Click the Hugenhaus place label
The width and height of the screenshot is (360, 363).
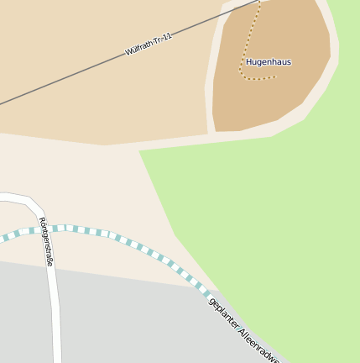coord(268,62)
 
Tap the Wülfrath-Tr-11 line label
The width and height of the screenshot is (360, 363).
coord(149,45)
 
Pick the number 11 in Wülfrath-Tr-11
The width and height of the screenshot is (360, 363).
coord(167,36)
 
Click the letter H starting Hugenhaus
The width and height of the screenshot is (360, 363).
coord(248,62)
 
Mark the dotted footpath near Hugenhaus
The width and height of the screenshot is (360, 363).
coord(244,50)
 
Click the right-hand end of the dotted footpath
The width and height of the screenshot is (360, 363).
coord(274,78)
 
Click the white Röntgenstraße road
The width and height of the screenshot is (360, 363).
coord(55,319)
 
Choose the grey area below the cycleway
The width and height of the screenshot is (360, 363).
coord(126,319)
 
